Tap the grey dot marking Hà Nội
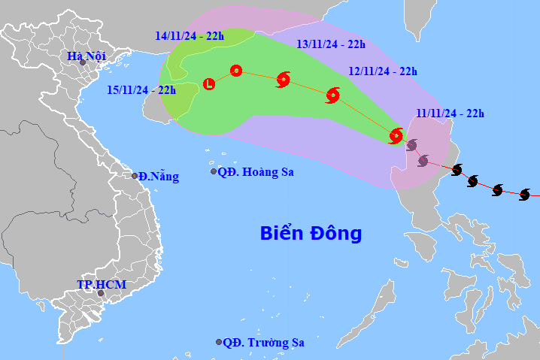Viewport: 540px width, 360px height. point(83,62)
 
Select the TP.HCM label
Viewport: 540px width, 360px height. point(101,285)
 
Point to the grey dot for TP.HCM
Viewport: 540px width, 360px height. point(100,293)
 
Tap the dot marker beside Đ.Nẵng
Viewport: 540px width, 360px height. point(135,176)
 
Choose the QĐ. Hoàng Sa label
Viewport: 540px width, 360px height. point(256,172)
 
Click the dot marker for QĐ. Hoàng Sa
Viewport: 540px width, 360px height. point(214,172)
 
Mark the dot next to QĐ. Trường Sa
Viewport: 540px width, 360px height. point(219,342)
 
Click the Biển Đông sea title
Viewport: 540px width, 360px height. point(311,233)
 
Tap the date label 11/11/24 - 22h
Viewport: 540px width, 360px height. point(449,113)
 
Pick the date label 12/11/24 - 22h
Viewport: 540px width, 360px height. point(383,71)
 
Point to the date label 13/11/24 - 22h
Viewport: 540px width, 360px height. point(331,44)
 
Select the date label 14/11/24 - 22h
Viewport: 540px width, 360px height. point(189,35)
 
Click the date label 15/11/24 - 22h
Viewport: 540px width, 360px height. point(141,90)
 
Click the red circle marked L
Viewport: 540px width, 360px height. point(209,84)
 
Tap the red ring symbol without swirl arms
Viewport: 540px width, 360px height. point(235,71)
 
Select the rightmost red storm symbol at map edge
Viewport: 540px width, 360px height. point(525,195)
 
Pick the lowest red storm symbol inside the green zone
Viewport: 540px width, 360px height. point(396,136)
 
